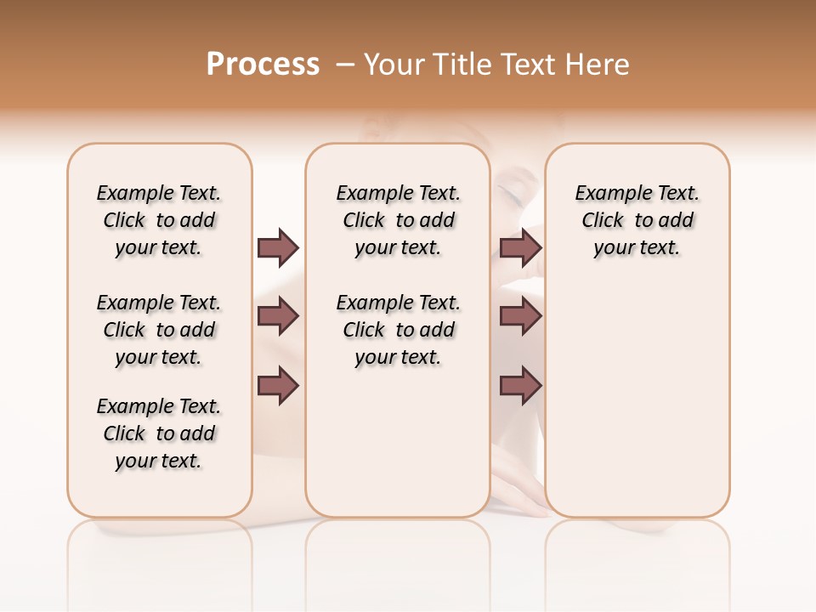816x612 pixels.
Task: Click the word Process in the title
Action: coord(263,65)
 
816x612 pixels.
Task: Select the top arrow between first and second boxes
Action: coord(278,247)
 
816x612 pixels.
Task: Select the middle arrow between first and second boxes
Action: coord(278,316)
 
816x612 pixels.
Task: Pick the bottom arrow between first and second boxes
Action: coord(278,385)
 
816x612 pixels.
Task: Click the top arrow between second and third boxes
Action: coord(520,247)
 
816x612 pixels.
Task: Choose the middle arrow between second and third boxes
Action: coord(520,316)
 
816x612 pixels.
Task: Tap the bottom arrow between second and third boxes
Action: coord(520,385)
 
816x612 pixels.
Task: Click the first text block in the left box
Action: coord(159,220)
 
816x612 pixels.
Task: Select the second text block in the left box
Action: coord(159,330)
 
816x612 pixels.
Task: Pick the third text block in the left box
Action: coord(159,433)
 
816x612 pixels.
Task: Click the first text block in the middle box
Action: coord(398,220)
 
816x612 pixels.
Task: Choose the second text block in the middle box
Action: coord(398,330)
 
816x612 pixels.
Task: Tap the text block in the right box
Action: coord(637,220)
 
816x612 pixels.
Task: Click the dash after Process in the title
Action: coord(345,65)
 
